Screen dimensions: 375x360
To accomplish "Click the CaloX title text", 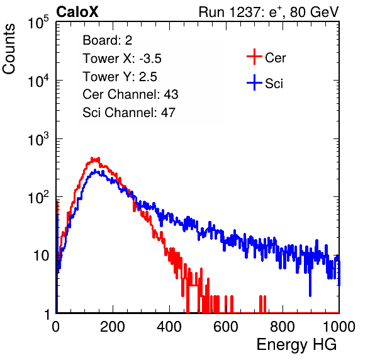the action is tap(77, 12).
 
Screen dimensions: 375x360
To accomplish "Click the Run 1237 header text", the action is tap(269, 12).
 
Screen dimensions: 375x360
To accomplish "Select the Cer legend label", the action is tap(275, 58).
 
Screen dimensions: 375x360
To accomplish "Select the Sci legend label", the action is tap(274, 84).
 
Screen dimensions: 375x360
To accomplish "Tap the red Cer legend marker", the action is tap(254, 57).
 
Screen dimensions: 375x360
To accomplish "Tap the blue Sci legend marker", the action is tap(254, 82).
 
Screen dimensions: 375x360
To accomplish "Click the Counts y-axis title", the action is tap(9, 48).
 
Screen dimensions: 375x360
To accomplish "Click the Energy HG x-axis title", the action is tap(296, 345).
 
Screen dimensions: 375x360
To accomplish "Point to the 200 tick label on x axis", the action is tap(113, 326).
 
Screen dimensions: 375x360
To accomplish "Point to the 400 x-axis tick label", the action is tap(169, 326).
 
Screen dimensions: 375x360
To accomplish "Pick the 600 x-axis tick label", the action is tap(226, 326).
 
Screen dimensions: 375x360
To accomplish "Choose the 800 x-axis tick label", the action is tap(283, 326).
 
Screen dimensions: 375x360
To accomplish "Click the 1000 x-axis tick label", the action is tap(339, 326).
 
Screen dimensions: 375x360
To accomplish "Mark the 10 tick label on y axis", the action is tap(41, 256).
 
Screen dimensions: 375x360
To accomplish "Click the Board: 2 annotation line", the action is tap(108, 40).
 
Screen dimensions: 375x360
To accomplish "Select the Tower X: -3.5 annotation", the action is tap(122, 59).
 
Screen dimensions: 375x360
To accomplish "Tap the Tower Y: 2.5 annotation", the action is tap(120, 77).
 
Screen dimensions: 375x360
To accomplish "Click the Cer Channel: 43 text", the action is tap(130, 94).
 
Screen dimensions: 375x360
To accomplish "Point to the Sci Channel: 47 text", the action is tap(129, 113).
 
